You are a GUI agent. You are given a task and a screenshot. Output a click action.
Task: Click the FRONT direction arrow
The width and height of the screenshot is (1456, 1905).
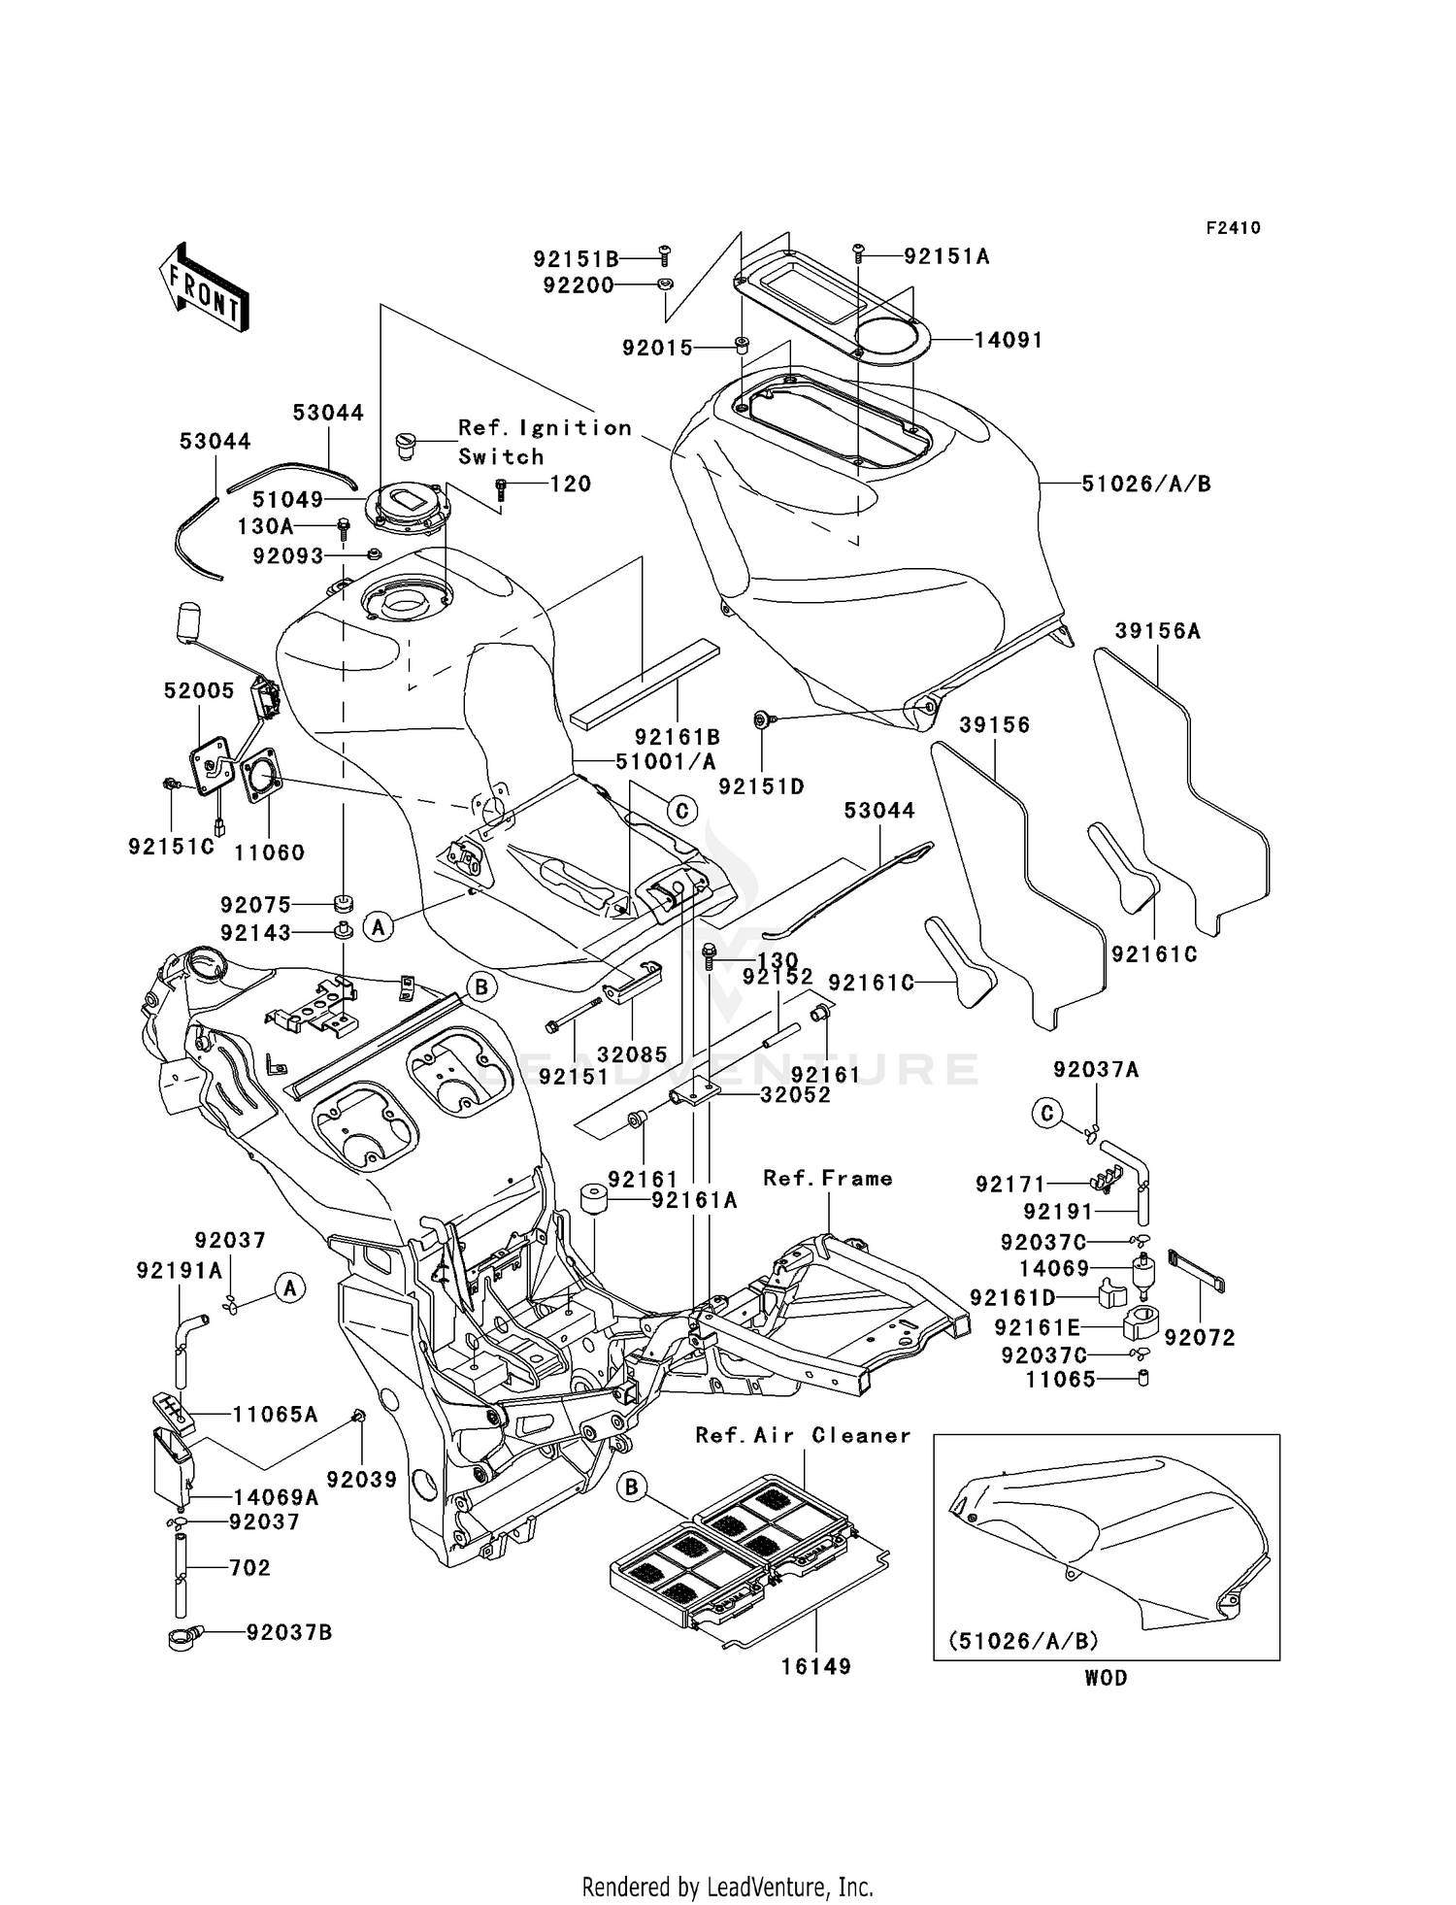[x=203, y=287]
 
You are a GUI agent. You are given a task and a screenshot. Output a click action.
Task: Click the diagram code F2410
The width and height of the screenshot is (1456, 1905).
[x=1233, y=228]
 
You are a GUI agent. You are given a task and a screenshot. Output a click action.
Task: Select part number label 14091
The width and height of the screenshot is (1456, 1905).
[x=1009, y=341]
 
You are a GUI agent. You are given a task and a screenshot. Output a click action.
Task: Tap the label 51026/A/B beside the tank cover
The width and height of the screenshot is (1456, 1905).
[x=1146, y=484]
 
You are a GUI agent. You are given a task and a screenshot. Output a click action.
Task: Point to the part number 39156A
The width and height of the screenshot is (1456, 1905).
[x=1157, y=631]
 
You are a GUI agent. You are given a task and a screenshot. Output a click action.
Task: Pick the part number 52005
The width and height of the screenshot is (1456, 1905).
[x=199, y=690]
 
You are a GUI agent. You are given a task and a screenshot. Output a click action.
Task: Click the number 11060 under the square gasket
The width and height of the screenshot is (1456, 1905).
[x=269, y=852]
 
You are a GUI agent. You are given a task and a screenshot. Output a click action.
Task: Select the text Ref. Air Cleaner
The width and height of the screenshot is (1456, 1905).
[x=803, y=1435]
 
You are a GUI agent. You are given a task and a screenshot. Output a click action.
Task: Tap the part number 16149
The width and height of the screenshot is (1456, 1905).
[x=816, y=1666]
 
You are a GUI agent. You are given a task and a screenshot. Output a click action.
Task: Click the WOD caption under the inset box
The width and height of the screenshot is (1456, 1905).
[x=1106, y=1678]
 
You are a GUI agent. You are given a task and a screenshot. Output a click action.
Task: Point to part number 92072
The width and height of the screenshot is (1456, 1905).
[x=1200, y=1338]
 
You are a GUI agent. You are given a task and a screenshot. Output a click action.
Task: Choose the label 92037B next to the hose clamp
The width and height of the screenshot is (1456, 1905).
[x=289, y=1633]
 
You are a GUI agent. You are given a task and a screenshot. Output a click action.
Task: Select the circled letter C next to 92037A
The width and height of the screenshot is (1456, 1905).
[x=1046, y=1113]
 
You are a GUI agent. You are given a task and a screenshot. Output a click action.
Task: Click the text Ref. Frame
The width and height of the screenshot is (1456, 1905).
[x=827, y=1179]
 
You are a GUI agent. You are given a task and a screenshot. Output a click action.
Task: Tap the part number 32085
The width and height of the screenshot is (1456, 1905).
[x=632, y=1054]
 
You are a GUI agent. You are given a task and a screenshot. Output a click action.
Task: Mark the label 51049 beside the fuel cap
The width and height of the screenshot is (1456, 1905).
[x=287, y=499]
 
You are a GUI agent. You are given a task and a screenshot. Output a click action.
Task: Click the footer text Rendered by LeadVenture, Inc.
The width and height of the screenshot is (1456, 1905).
[x=727, y=1887]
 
